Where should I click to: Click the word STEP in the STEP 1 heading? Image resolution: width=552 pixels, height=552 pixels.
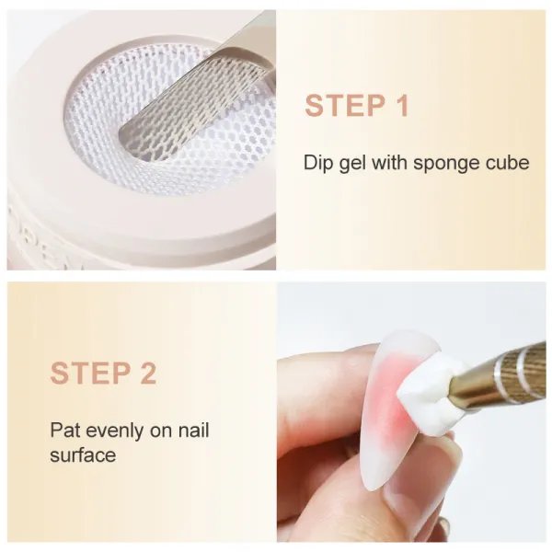pos(345,105)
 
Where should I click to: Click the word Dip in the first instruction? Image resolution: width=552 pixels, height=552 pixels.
pos(318,163)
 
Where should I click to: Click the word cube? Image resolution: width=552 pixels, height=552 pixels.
pos(506,163)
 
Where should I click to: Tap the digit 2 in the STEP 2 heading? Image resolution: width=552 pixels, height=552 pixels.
pos(148,373)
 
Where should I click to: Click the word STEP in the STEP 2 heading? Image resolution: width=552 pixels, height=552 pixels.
pos(90,373)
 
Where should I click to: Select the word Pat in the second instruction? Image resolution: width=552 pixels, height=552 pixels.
pos(64,430)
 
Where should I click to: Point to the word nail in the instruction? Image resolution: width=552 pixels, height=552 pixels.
pos(193,430)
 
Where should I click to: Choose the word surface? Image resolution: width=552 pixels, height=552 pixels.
pos(83,454)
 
